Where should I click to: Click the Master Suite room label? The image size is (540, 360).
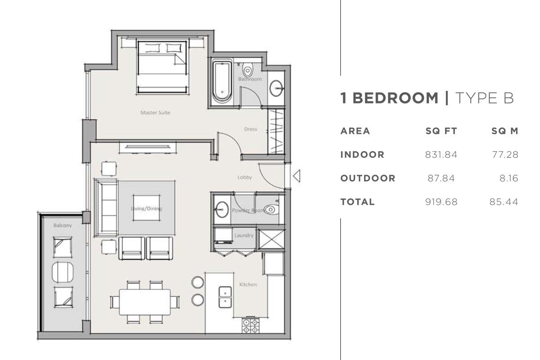pyautogui.click(x=155, y=112)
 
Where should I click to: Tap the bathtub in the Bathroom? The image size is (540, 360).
pyautogui.click(x=222, y=82)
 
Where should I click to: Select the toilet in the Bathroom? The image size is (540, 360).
pyautogui.click(x=247, y=69)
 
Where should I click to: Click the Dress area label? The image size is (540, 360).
pyautogui.click(x=251, y=129)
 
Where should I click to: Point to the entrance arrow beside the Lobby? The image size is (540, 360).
pyautogui.click(x=297, y=176)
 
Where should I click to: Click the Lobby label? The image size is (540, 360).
pyautogui.click(x=245, y=177)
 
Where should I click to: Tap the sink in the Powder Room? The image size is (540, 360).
pyautogui.click(x=222, y=210)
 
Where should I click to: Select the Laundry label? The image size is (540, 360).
pyautogui.click(x=244, y=235)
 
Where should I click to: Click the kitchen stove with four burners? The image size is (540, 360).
pyautogui.click(x=251, y=326)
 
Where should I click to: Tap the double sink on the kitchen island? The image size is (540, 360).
pyautogui.click(x=225, y=297)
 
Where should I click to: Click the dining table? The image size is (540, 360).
pyautogui.click(x=145, y=302)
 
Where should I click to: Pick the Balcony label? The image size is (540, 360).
pyautogui.click(x=63, y=225)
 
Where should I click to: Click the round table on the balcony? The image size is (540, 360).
pyautogui.click(x=63, y=272)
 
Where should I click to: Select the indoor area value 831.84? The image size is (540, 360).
pyautogui.click(x=441, y=154)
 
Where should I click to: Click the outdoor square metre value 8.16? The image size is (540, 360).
pyautogui.click(x=508, y=178)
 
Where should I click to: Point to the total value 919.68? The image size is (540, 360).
pyautogui.click(x=441, y=202)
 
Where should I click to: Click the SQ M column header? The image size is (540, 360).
pyautogui.click(x=505, y=131)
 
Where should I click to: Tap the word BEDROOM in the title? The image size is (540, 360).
pyautogui.click(x=396, y=98)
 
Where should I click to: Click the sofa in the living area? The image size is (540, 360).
pyautogui.click(x=106, y=208)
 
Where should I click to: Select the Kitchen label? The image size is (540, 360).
pyautogui.click(x=248, y=284)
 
